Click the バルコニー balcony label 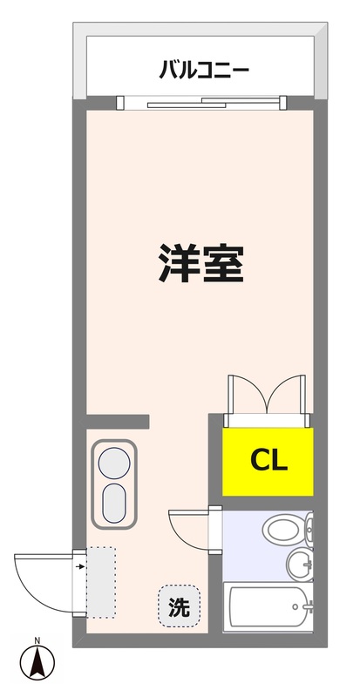click(x=205, y=68)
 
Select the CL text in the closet click(x=269, y=459)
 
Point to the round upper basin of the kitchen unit click(x=113, y=461)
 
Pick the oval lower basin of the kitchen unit click(x=113, y=502)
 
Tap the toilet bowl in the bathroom click(x=281, y=529)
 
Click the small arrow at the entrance click(x=80, y=567)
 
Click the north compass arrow click(x=37, y=665)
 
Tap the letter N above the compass click(x=37, y=642)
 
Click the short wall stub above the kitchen click(x=119, y=422)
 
